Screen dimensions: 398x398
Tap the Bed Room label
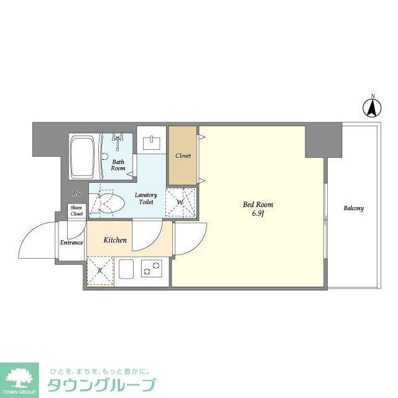257,205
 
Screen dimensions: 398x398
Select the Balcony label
353,208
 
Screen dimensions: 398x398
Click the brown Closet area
183,155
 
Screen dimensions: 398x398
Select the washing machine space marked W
180,202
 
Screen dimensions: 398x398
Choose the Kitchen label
115,240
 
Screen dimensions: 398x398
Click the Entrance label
72,242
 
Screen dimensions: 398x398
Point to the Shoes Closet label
76,211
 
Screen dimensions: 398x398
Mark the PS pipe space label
76,194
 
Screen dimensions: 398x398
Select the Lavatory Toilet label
147,198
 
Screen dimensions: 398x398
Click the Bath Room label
118,165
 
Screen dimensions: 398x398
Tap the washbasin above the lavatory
152,143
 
